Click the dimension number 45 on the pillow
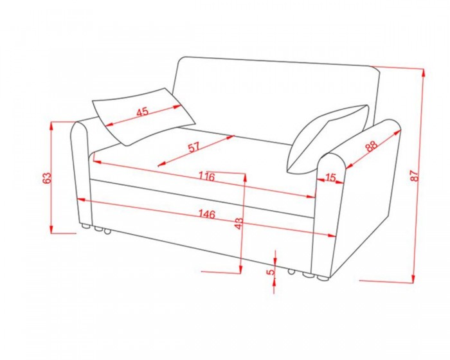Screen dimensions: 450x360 [143, 111]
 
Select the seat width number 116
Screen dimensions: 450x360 [207, 176]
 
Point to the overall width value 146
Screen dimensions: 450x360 [206, 214]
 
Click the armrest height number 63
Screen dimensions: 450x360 [46, 178]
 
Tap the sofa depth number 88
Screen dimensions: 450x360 [372, 146]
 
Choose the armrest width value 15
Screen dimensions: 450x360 [330, 177]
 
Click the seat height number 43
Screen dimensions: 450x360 [239, 224]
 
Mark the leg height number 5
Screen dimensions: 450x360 [271, 271]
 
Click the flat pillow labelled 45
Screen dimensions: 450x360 [143, 116]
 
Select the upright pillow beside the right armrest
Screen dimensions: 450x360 [328, 139]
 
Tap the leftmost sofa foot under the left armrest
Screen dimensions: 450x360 [85, 226]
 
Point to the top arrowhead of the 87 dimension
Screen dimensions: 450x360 [423, 73]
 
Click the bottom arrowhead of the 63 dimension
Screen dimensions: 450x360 [51, 229]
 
